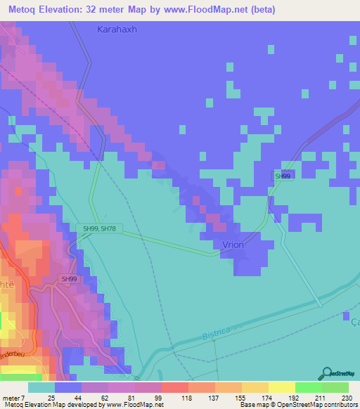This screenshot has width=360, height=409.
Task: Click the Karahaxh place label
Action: [x=118, y=30]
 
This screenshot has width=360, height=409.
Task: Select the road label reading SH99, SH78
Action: [x=98, y=228]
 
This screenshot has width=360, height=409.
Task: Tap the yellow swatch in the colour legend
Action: [x=281, y=388]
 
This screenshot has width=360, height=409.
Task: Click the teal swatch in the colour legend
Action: [x=41, y=388]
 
